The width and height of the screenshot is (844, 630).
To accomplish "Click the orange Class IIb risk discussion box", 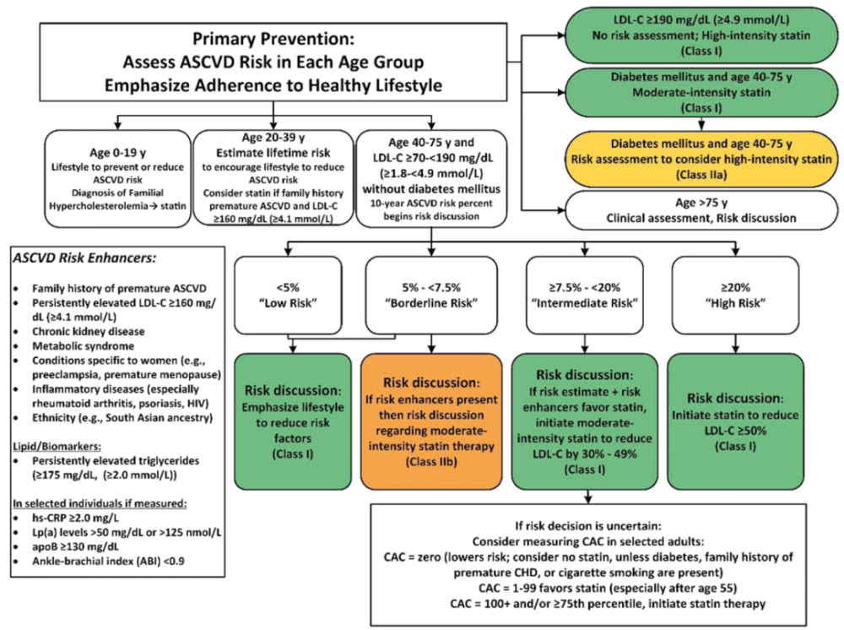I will (432, 415).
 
